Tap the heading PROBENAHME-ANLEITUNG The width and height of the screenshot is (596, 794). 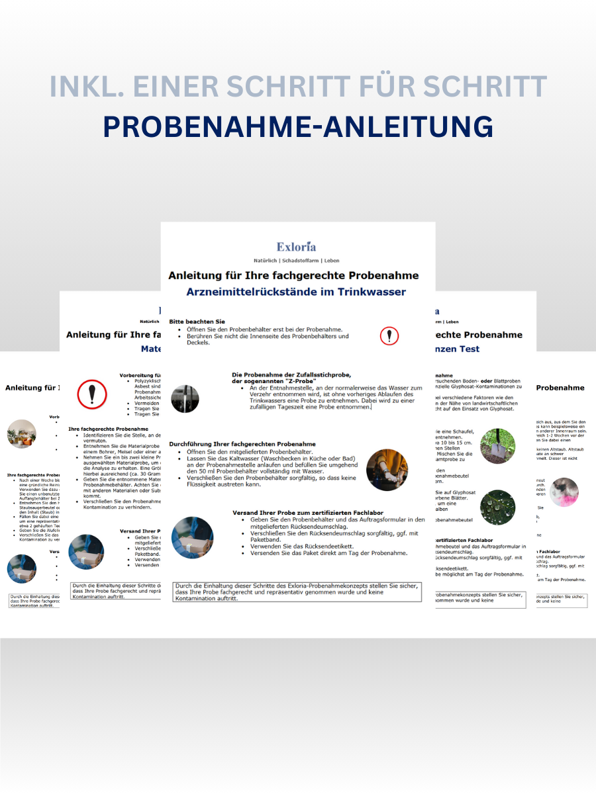tap(298, 127)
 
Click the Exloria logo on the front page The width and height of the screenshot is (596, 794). tap(297, 247)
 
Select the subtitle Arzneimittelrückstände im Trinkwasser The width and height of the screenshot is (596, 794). tap(297, 291)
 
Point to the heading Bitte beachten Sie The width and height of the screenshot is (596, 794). tap(197, 322)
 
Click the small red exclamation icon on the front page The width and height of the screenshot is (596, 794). tap(389, 336)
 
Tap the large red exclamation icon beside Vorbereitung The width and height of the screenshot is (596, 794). tap(92, 394)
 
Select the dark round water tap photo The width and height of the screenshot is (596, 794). tap(185, 399)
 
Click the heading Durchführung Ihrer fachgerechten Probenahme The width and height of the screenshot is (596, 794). tap(242, 444)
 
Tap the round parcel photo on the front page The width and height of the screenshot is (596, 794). tap(192, 537)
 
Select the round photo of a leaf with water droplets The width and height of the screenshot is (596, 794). tap(498, 506)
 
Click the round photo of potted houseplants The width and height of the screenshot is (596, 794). tap(22, 433)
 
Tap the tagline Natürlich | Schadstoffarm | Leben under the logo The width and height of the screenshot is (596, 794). tap(297, 261)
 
